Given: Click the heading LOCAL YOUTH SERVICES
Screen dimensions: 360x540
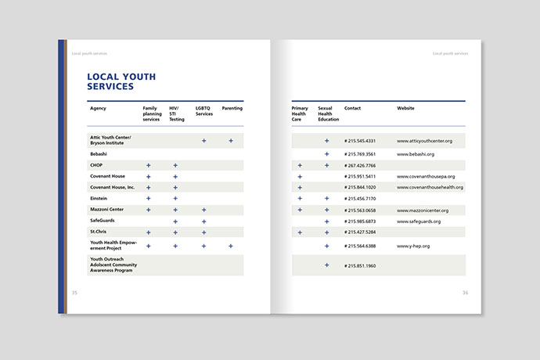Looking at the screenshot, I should (x=121, y=81).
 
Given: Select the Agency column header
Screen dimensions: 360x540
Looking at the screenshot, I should (x=98, y=108).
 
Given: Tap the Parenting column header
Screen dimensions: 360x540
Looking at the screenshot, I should (x=232, y=108).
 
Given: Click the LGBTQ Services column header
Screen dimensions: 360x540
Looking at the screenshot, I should (x=204, y=111).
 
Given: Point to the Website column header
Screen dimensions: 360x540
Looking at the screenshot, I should (x=405, y=108).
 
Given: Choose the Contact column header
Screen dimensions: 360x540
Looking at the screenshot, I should (x=352, y=108).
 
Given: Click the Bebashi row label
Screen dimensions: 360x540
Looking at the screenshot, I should (x=99, y=154).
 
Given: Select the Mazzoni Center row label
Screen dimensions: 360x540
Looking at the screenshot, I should (x=107, y=210).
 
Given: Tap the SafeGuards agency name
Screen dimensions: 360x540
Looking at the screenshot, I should (x=103, y=221).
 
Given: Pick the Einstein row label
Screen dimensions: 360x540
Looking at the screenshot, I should (x=99, y=199).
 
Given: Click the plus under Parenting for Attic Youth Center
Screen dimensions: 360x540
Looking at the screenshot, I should (x=231, y=141).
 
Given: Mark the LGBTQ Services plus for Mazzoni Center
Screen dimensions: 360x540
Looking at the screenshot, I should (x=203, y=210).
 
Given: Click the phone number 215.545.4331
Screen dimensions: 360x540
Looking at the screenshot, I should (x=360, y=141).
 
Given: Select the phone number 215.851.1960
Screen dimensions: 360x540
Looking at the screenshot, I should (x=360, y=265).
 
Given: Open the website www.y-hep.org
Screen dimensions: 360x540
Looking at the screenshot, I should (x=413, y=247).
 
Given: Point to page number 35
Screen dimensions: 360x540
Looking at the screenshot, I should (x=75, y=293).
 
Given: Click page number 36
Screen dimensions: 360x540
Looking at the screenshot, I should (x=465, y=293).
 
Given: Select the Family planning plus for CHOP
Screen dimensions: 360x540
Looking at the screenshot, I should (x=148, y=166).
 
